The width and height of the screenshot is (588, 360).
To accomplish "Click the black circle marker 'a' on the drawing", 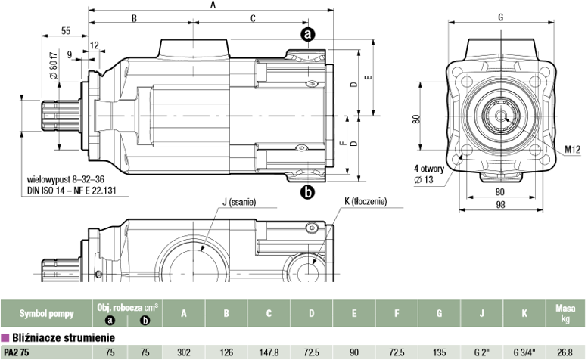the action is click(307, 34).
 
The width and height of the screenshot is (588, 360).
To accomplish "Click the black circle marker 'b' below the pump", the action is click(307, 192).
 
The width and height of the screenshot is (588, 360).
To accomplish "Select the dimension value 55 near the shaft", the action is click(66, 31).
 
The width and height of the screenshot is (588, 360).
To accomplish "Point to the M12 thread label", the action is click(573, 150).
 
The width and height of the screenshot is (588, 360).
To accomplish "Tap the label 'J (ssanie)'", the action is click(239, 202).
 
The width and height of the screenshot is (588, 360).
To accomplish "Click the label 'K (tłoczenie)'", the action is click(366, 201).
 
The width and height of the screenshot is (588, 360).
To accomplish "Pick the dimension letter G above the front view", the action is click(501, 17).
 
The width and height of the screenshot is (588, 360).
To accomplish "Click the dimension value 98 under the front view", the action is click(501, 204).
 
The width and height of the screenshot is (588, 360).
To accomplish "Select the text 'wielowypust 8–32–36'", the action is click(66, 179).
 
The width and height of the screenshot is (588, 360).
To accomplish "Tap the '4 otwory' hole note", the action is click(429, 169).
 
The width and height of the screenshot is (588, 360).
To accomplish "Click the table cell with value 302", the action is click(184, 352).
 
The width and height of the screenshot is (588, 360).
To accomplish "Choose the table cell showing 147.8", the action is click(269, 352).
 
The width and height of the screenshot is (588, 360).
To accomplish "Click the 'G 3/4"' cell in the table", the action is click(524, 352).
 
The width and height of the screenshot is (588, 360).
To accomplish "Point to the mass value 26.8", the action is click(565, 352).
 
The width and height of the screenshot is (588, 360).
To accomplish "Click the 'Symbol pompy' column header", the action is click(46, 314).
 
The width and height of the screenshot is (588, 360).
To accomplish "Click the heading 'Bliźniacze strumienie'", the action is click(64, 337).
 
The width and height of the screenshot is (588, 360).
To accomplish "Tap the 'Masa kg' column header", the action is click(565, 314).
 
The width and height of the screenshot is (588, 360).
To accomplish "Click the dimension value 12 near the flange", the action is click(95, 45).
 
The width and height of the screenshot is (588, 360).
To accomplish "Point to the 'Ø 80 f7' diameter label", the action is click(54, 65).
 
